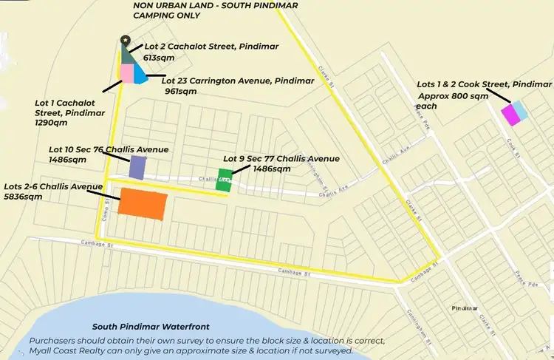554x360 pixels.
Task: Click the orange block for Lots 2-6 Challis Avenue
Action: tap(142, 203)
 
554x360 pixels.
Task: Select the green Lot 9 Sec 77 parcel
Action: tap(224, 180)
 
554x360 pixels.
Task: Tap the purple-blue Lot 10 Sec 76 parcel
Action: tap(137, 167)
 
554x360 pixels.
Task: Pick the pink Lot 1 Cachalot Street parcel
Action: tap(126, 74)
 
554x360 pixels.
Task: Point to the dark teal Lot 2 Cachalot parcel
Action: tap(128, 54)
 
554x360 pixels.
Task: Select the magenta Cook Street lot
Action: tap(510, 115)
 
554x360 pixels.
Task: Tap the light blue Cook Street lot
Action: tap(520, 109)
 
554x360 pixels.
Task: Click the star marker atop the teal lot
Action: tap(125, 40)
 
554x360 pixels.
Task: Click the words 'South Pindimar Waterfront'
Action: tap(151, 327)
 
